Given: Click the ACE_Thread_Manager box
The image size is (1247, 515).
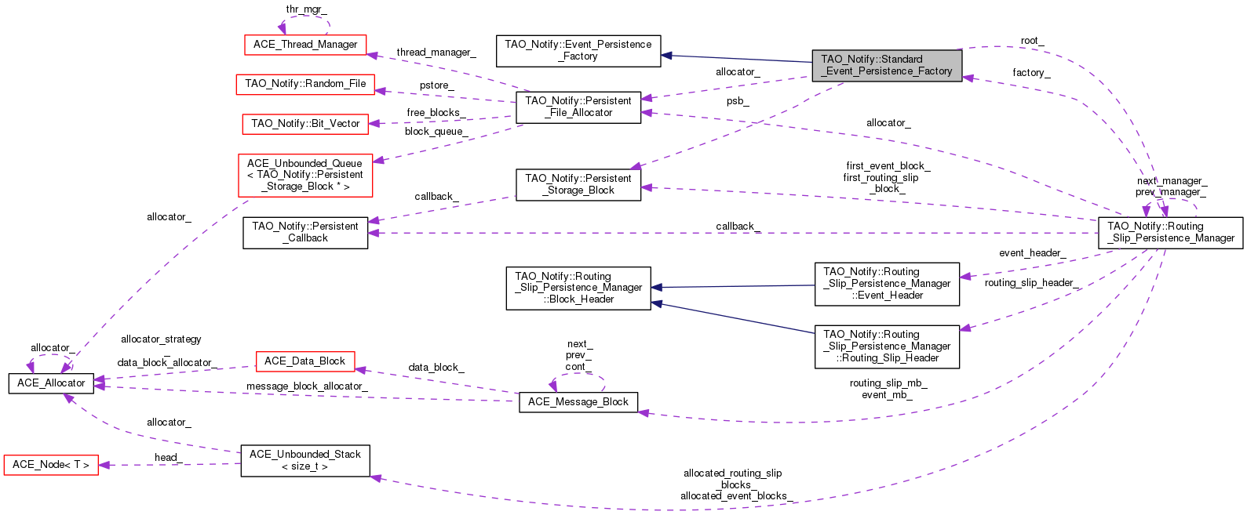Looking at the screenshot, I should click(x=305, y=45).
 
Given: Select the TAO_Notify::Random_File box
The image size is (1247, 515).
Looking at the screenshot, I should click(x=305, y=84).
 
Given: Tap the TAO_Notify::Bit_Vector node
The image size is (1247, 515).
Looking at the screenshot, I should click(x=305, y=124).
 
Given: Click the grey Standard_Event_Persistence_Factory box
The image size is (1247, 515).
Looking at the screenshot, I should click(x=886, y=65).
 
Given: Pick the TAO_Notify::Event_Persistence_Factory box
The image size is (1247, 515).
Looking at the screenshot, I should click(x=578, y=50).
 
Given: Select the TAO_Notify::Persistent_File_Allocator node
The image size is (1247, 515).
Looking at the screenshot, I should click(x=578, y=107).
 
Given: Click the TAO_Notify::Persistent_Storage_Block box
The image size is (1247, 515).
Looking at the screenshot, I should click(x=578, y=184).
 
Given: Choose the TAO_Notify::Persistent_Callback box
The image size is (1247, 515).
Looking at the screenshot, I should click(x=305, y=232).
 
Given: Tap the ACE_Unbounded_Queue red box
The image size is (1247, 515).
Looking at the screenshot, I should click(x=305, y=175).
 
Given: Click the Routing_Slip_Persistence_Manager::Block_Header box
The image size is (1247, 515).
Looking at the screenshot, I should click(x=578, y=288).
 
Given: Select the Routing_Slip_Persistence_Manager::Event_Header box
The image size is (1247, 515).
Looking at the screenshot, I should click(x=887, y=284).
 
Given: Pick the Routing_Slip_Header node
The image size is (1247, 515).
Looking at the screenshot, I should click(x=887, y=346).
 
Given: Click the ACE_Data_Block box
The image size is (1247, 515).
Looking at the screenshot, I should click(x=305, y=361).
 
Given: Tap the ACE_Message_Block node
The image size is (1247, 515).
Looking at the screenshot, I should click(x=578, y=402).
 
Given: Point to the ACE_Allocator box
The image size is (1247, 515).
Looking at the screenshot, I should click(x=51, y=383).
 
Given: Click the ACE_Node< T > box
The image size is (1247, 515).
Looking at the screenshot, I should click(x=51, y=465).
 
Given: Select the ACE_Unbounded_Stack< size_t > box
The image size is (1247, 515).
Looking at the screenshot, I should click(x=305, y=460).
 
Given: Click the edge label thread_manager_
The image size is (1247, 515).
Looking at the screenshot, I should click(x=436, y=53).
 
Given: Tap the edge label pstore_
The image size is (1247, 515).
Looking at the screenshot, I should click(x=436, y=85).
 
